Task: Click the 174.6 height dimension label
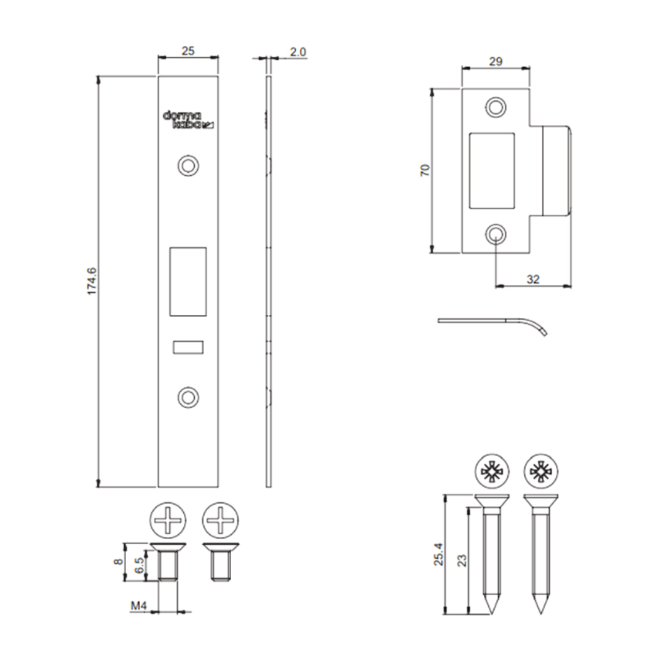pyautogui.click(x=92, y=281)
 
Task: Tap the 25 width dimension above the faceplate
pyautogui.click(x=188, y=51)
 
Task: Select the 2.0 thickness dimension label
pyautogui.click(x=298, y=52)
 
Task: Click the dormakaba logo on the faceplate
pyautogui.click(x=189, y=120)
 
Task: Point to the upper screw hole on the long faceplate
pyautogui.click(x=189, y=165)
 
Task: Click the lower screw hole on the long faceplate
pyautogui.click(x=189, y=398)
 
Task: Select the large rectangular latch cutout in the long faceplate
pyautogui.click(x=188, y=282)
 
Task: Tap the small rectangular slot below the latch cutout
pyautogui.click(x=188, y=347)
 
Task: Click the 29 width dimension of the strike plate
pyautogui.click(x=496, y=61)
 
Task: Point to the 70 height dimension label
pyautogui.click(x=425, y=170)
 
